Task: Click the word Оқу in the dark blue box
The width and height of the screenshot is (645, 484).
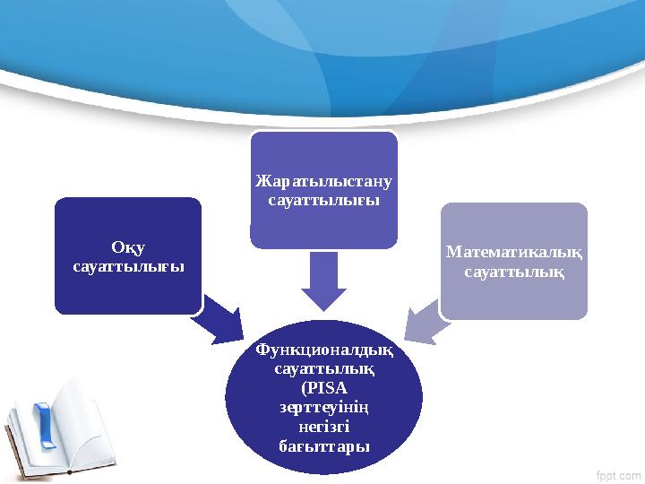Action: pyautogui.click(x=128, y=247)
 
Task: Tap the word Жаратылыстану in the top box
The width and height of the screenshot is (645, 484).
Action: pyautogui.click(x=323, y=181)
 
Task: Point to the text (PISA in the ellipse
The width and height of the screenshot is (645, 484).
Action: pyautogui.click(x=323, y=388)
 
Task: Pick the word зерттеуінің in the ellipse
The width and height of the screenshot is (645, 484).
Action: pyautogui.click(x=323, y=407)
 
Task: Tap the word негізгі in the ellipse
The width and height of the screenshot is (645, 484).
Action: pyautogui.click(x=323, y=427)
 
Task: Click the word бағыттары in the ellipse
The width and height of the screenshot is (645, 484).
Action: pyautogui.click(x=323, y=445)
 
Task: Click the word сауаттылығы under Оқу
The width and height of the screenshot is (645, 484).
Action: pyautogui.click(x=128, y=266)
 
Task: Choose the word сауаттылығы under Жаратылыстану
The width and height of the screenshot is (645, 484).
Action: pyautogui.click(x=323, y=200)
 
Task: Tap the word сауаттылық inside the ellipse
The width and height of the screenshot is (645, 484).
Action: pyautogui.click(x=323, y=369)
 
